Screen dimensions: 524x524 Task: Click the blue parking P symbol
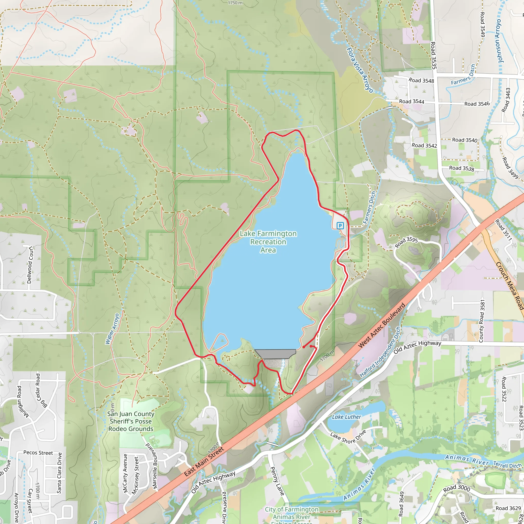point(340,225)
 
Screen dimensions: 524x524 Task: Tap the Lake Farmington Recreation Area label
point(268,242)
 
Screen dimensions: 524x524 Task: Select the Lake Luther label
point(347,417)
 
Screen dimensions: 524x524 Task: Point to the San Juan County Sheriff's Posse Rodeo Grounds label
point(131,421)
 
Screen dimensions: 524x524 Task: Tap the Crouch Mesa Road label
point(510,286)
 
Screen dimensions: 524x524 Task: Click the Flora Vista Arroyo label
point(360,70)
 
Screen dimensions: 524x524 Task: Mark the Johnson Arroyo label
point(500,41)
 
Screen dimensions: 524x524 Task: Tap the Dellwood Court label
point(30,265)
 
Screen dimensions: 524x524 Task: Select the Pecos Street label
point(38,453)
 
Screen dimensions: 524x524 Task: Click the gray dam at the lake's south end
point(275,354)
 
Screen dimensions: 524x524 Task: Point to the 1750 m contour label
point(235,3)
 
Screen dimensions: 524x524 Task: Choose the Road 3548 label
point(421,81)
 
